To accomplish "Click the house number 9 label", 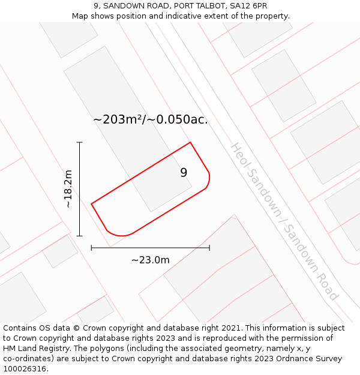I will [x=184, y=173].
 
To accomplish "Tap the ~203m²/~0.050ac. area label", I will [x=150, y=119].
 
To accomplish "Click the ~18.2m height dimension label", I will [x=68, y=189].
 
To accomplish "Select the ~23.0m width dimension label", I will [x=150, y=260].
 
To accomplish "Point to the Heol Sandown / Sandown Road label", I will [x=284, y=221].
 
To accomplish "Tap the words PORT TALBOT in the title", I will [x=199, y=6].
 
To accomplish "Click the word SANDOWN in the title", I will [x=123, y=6].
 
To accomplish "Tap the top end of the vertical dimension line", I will [x=79, y=142].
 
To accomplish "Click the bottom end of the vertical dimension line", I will [x=79, y=236].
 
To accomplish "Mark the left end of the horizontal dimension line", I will [x=91, y=247].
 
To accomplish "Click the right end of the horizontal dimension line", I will [x=209, y=247].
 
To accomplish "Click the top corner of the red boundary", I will [x=190, y=142].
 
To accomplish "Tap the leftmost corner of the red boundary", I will [x=91, y=204].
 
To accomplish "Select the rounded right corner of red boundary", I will [x=208, y=181].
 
